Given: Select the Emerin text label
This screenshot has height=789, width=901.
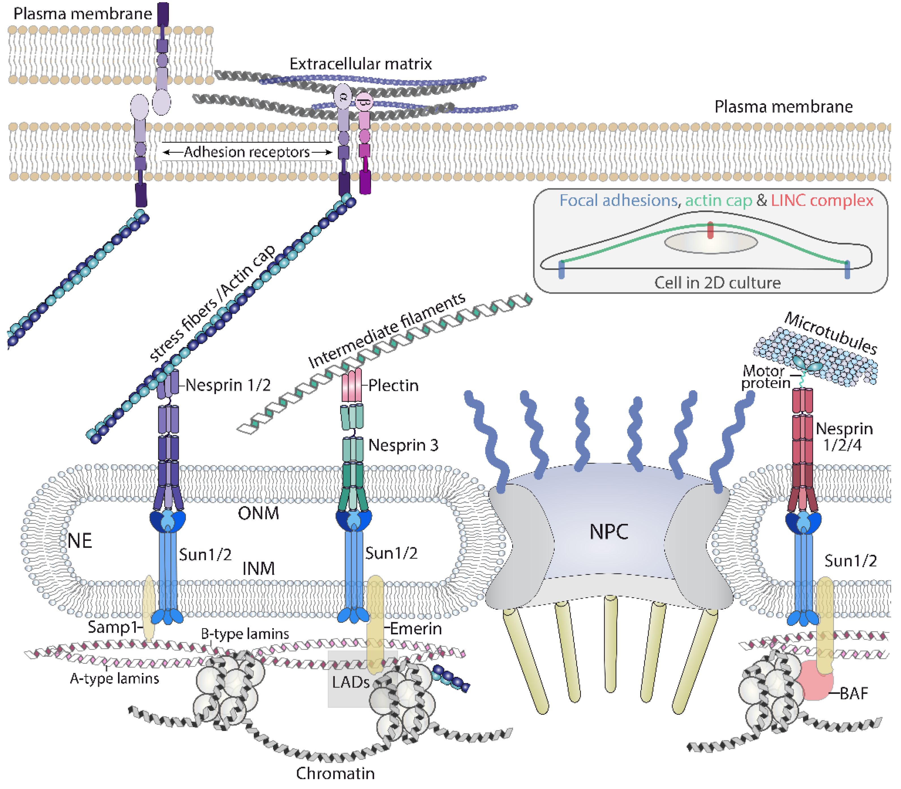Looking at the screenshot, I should (x=416, y=628).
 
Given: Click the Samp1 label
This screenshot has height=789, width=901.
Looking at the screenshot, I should (x=113, y=626).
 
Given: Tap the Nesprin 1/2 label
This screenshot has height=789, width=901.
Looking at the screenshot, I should (x=228, y=385).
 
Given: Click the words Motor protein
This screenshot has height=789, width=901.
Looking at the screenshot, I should (x=765, y=377).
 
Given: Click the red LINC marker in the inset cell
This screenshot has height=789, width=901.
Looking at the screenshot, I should (x=710, y=230).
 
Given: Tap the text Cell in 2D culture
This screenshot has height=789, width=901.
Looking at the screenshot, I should (x=717, y=283).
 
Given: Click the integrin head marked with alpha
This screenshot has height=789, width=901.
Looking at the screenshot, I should (x=343, y=96).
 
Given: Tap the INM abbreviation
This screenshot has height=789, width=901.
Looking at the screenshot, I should (x=258, y=568).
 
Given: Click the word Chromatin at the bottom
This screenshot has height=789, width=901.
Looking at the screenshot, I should (x=335, y=773).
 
